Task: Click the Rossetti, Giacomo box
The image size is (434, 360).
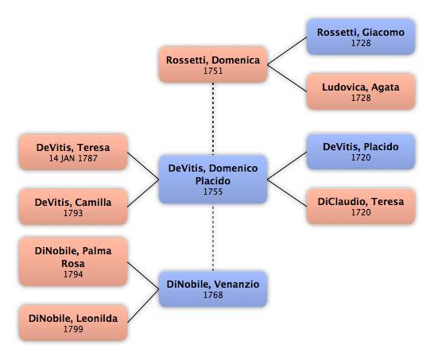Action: [361, 37]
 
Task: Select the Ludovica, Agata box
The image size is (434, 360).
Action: [361, 91]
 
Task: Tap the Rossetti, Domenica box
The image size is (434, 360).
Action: [213, 64]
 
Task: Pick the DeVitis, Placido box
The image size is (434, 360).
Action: [361, 151]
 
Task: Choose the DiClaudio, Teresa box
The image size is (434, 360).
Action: [361, 206]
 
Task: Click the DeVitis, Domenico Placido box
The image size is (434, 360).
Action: [213, 180]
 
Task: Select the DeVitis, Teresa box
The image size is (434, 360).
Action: [73, 152]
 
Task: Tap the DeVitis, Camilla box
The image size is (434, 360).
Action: [73, 207]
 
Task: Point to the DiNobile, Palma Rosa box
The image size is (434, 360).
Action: [73, 261]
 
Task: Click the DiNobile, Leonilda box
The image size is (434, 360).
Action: [73, 323]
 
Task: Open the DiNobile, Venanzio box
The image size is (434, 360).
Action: [213, 289]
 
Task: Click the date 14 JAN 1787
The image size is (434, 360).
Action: [73, 158]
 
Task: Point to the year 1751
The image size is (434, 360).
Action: [213, 71]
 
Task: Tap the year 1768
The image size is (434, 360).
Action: [213, 295]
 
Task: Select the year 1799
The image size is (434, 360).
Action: [73, 329]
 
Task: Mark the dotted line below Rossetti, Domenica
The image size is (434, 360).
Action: [213, 119]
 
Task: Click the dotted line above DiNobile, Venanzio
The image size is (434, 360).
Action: [213, 238]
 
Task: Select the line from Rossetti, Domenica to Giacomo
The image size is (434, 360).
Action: [287, 51]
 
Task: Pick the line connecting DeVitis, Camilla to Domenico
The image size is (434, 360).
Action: [143, 193]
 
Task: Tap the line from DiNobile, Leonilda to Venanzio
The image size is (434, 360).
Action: [143, 306]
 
